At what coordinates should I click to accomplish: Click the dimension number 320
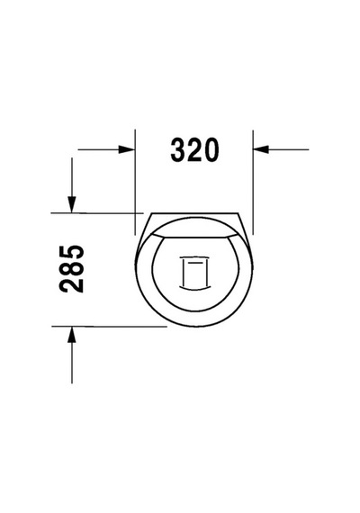coord(194,149)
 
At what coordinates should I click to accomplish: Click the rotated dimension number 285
coord(71,268)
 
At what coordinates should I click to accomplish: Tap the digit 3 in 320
coord(178,149)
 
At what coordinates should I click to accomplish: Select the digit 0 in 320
coord(211,149)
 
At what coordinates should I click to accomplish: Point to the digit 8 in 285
coord(71,268)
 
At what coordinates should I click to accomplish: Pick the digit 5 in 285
coord(71,252)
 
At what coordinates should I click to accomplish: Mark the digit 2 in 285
coord(71,285)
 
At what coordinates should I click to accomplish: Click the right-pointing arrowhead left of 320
coord(127,149)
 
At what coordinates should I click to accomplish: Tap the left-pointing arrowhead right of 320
coord(261,149)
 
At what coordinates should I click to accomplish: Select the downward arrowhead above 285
coord(72,204)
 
